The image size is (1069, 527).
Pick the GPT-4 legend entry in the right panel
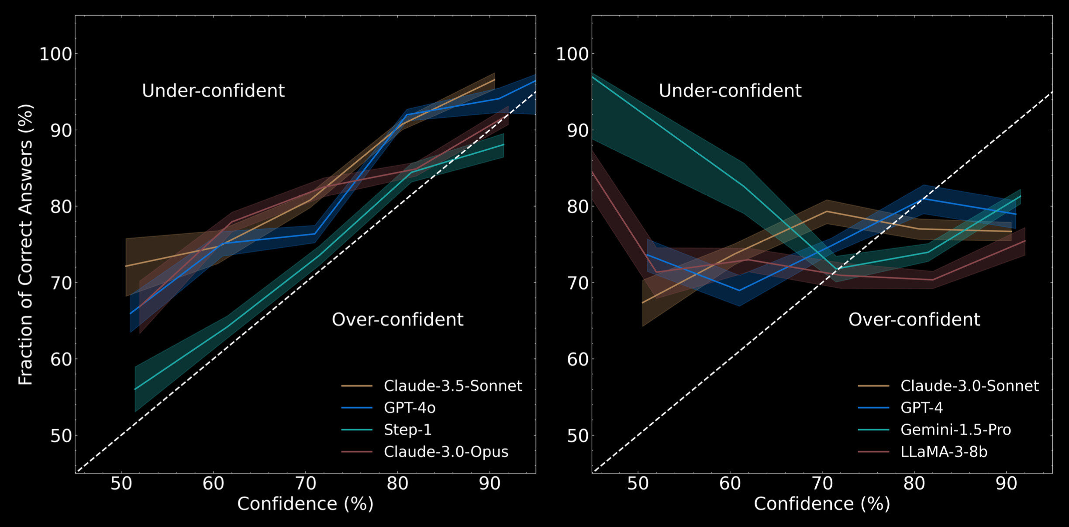pyautogui.click(x=921, y=408)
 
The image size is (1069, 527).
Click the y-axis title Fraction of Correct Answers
pyautogui.click(x=25, y=245)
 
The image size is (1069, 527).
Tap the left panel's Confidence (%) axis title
pyautogui.click(x=305, y=504)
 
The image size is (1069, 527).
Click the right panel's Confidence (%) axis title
pyautogui.click(x=822, y=504)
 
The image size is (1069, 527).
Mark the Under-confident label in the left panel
pyautogui.click(x=213, y=91)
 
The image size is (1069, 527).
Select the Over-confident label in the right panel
pyautogui.click(x=914, y=319)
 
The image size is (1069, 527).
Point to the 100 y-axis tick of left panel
pyautogui.click(x=55, y=54)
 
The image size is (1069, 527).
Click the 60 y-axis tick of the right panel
pyautogui.click(x=577, y=359)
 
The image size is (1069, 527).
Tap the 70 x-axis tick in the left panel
pyautogui.click(x=305, y=484)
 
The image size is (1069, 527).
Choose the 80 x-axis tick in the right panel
pyautogui.click(x=914, y=484)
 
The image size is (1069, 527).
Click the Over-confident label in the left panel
pyautogui.click(x=397, y=319)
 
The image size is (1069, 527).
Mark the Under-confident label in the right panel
pyautogui.click(x=730, y=91)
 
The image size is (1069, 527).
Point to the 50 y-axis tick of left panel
pyautogui.click(x=61, y=436)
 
